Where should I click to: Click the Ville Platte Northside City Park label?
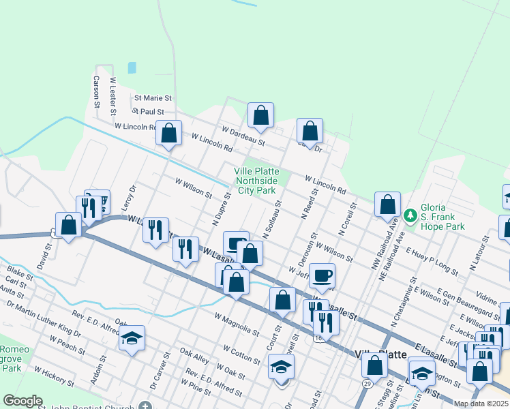click(256, 181)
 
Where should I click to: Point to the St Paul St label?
click(149, 111)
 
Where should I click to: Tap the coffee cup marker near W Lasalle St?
click(322, 276)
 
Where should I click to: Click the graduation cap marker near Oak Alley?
click(132, 338)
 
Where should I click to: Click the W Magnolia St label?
click(237, 324)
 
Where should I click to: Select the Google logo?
click(23, 401)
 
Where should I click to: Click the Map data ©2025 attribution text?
click(480, 404)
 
